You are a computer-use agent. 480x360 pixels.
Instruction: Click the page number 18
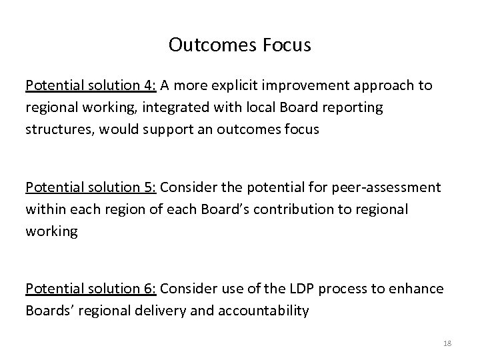446,343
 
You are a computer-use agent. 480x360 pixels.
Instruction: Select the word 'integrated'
175,108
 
